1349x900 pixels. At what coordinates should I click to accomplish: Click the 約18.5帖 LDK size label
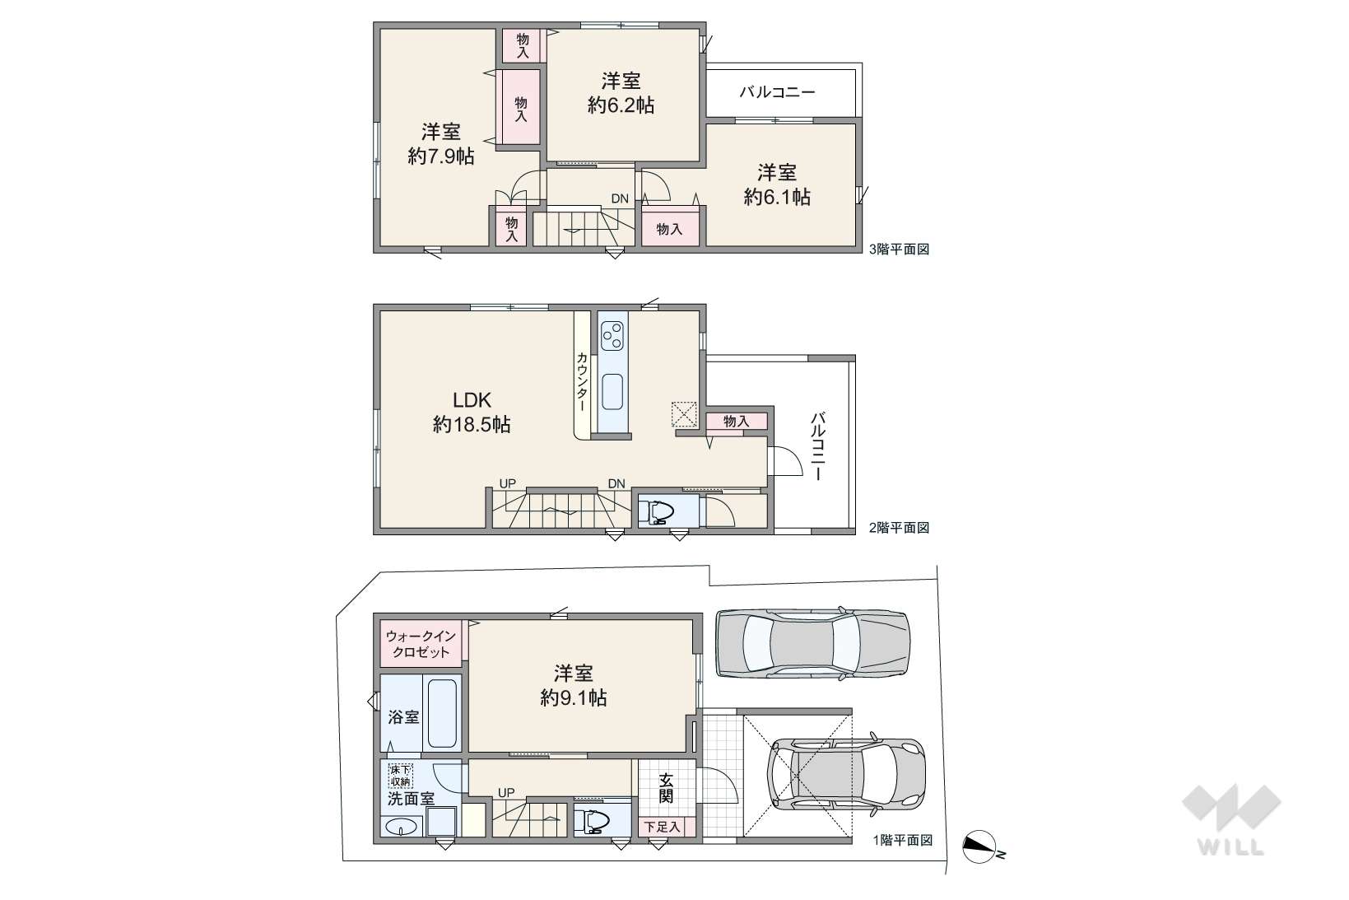(x=472, y=425)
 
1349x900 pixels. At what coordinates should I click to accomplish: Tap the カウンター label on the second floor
(x=583, y=382)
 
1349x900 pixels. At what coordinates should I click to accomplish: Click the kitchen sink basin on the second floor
(x=612, y=392)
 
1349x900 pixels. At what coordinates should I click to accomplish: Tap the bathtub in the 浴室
(x=443, y=713)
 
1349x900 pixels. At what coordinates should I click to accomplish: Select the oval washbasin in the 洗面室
(x=402, y=827)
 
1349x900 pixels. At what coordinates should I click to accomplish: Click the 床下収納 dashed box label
(x=401, y=776)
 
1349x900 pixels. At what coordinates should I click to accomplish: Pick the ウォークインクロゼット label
(x=421, y=644)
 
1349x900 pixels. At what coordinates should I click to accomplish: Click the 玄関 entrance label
(x=666, y=788)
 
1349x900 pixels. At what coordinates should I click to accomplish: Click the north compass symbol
(x=979, y=847)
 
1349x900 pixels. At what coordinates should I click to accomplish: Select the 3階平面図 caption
(x=899, y=249)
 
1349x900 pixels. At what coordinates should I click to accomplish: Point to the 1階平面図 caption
(x=903, y=840)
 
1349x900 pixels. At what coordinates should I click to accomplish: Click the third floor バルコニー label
(x=778, y=92)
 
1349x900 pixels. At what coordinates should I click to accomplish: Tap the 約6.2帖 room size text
(x=621, y=105)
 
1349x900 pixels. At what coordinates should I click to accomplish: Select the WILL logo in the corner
(x=1231, y=820)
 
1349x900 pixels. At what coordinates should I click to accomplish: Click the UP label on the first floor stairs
(x=506, y=793)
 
